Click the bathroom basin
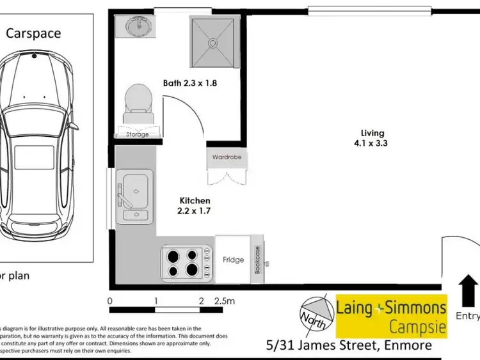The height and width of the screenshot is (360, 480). pos(135,27)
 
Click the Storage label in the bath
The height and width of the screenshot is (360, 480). pos(137,134)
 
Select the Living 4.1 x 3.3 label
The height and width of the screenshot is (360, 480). pos(374,138)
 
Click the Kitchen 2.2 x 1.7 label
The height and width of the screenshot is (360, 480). pos(195,205)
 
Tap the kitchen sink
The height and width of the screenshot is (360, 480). pos(135,191)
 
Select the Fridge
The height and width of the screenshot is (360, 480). pos(233,260)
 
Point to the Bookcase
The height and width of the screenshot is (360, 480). pos(258,260)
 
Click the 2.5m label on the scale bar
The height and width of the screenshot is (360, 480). pos(225,301)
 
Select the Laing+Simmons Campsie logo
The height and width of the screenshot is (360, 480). pos(392,316)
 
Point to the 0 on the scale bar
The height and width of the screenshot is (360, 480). pos(110,301)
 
